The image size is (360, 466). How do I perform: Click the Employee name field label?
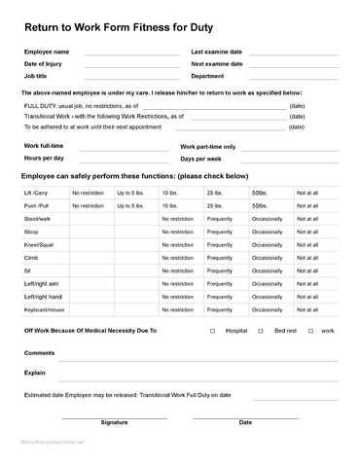coord(47,52)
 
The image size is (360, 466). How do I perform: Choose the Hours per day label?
coord(44,158)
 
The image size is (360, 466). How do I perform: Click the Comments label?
coord(39,353)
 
